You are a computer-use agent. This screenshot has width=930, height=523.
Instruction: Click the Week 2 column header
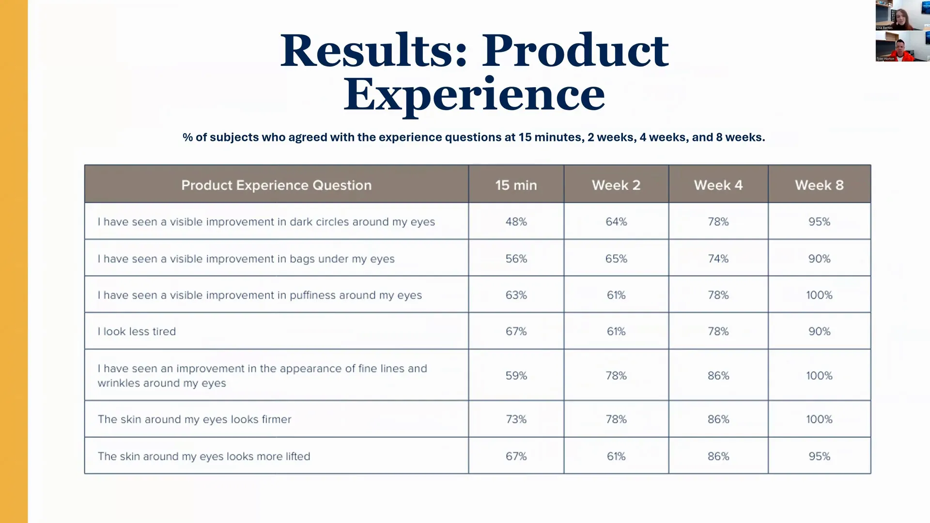[616, 185]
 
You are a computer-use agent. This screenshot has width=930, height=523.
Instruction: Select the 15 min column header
[516, 185]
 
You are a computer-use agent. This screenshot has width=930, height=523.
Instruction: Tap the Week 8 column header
[819, 185]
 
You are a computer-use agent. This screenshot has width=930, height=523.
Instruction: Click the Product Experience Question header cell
[276, 185]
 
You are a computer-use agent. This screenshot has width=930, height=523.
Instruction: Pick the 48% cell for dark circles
[516, 222]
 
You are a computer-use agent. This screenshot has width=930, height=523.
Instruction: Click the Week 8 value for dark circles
[819, 222]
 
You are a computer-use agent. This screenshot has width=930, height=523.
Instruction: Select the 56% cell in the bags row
[516, 259]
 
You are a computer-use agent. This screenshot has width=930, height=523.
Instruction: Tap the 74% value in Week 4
[718, 259]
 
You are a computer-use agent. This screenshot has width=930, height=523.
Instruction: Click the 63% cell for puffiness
[516, 295]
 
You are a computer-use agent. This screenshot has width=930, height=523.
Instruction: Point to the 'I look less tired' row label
[137, 332]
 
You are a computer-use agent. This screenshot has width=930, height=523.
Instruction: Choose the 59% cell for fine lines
[516, 376]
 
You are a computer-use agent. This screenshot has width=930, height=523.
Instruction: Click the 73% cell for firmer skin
[516, 419]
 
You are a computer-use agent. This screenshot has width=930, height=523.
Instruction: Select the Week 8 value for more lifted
[819, 456]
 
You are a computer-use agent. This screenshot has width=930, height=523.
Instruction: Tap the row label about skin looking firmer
[194, 419]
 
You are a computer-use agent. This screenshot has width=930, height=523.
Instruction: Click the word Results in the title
[373, 51]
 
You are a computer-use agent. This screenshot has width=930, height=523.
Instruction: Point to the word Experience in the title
[474, 94]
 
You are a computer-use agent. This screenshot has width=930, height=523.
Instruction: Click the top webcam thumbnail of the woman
[902, 15]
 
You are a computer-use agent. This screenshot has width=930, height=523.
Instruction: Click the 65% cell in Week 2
[616, 259]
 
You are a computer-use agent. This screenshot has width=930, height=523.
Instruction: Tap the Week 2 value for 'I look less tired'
[616, 332]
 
